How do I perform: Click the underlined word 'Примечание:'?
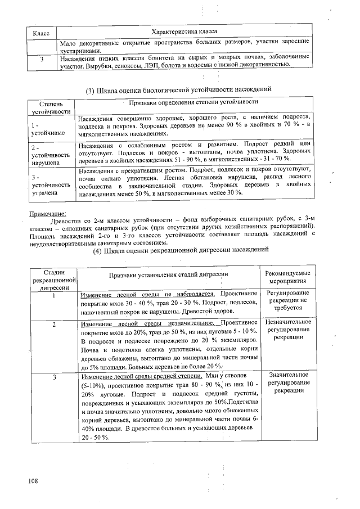[47, 214]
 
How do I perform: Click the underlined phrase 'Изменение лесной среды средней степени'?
[141, 376]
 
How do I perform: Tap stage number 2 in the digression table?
[55, 325]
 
